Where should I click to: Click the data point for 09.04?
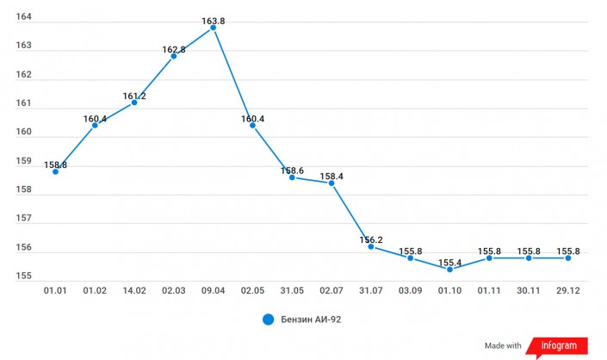[213, 28]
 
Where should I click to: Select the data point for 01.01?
[55, 171]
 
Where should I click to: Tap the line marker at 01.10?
[449, 269]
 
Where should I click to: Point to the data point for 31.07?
[370, 246]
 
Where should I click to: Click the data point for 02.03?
[173, 56]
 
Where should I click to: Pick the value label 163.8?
[213, 16]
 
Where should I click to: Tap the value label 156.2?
[370, 240]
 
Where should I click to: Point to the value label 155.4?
[449, 261]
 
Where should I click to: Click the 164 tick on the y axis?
[24, 17]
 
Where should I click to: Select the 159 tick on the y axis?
[24, 161]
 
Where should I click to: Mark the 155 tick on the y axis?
[24, 276]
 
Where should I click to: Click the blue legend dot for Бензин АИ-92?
[268, 320]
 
